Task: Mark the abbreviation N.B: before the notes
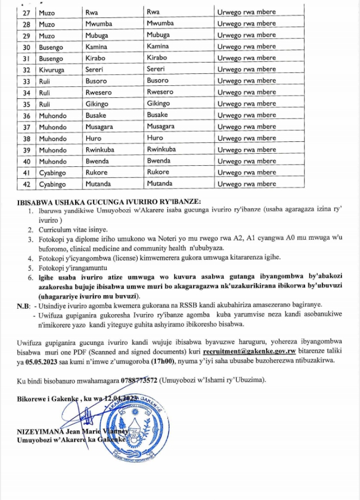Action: (24, 306)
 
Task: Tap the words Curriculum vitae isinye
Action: (72, 230)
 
